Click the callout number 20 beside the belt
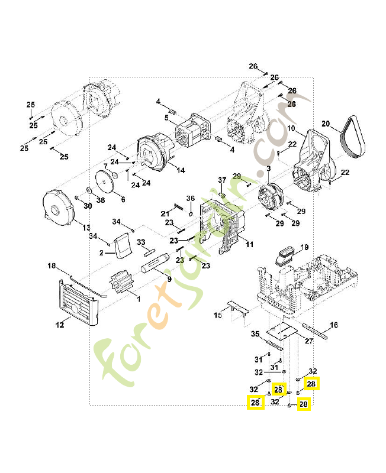[x=325, y=124]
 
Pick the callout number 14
[x=181, y=170]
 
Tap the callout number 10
[x=291, y=128]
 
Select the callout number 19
[x=304, y=247]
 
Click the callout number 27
[x=308, y=341]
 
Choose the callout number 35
[x=255, y=334]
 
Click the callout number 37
[x=222, y=180]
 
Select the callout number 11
[x=249, y=244]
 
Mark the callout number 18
[x=52, y=266]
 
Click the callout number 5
[x=166, y=118]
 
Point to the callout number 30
[x=88, y=206]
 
